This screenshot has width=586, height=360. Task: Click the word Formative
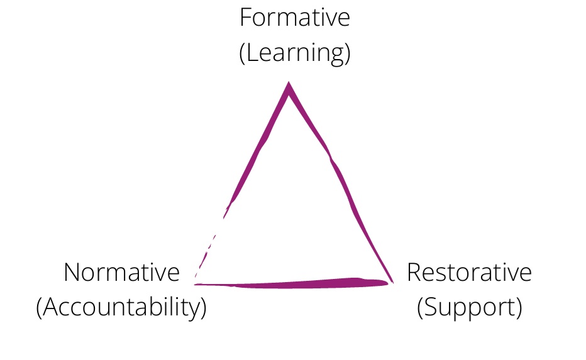[x=295, y=18]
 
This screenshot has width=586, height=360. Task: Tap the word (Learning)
[x=295, y=53]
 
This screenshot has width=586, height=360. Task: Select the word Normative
[x=122, y=272]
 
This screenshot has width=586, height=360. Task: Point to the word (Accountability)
[x=121, y=307]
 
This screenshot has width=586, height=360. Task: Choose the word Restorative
[x=469, y=272]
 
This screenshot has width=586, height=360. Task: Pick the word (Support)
[x=470, y=308]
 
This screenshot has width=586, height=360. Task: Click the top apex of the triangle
[x=289, y=82]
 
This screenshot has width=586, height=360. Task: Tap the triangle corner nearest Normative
[x=196, y=284]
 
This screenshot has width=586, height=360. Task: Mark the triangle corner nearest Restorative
[x=392, y=282]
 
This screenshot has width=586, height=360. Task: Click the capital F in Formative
[x=246, y=18]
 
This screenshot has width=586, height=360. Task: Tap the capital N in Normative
[x=72, y=272]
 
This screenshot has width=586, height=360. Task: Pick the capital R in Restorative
[x=414, y=272]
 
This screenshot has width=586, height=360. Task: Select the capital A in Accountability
[x=51, y=307]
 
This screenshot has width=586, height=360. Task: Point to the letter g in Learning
[x=338, y=57]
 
